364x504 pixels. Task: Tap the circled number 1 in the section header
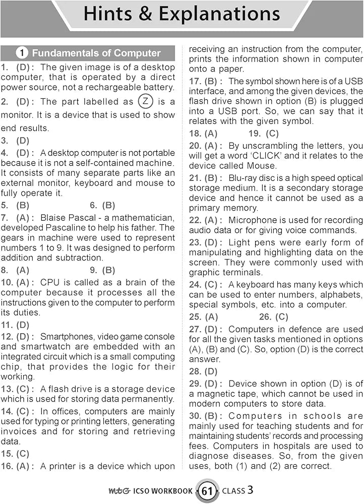click(22, 53)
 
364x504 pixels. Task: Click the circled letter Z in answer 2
click(145, 101)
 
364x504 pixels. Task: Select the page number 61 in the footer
click(207, 491)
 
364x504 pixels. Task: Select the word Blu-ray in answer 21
click(245, 178)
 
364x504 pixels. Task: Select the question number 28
click(195, 371)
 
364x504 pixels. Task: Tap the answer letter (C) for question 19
click(271, 134)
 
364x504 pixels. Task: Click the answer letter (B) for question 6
click(109, 205)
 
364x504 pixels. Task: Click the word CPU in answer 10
click(48, 282)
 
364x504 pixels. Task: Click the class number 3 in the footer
click(251, 489)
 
